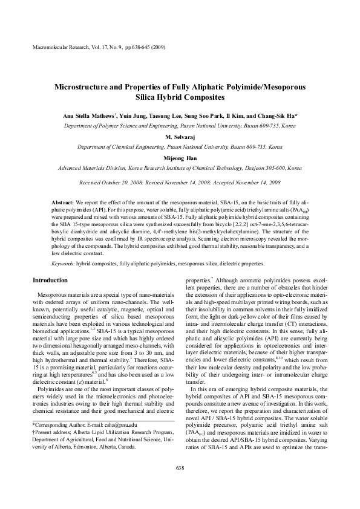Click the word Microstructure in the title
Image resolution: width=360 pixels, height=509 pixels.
(x=83, y=87)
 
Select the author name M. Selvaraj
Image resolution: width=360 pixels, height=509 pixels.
(x=180, y=137)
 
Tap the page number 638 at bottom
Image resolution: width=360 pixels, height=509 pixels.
(x=180, y=485)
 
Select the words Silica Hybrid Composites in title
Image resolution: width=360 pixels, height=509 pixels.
(x=180, y=97)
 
